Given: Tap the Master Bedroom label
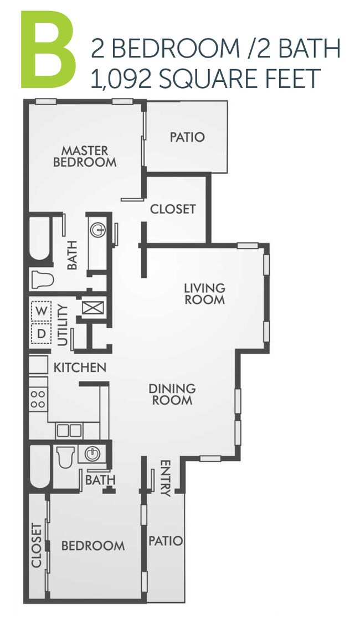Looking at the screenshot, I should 85,156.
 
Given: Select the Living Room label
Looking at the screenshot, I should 204,293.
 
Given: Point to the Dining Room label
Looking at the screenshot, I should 172,394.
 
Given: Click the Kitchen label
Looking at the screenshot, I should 80,367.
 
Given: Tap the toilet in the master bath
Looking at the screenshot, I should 42,278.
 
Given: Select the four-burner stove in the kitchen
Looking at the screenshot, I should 38,399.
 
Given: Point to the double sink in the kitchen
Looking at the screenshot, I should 69,430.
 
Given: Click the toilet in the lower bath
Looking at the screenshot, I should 65,458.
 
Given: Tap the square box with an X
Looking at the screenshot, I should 89,307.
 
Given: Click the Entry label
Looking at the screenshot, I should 164,478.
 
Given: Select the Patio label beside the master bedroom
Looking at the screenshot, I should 187,137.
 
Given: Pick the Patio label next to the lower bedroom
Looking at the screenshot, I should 166,540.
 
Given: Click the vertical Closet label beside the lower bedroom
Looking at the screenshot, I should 37,545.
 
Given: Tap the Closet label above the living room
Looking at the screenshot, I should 173,209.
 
